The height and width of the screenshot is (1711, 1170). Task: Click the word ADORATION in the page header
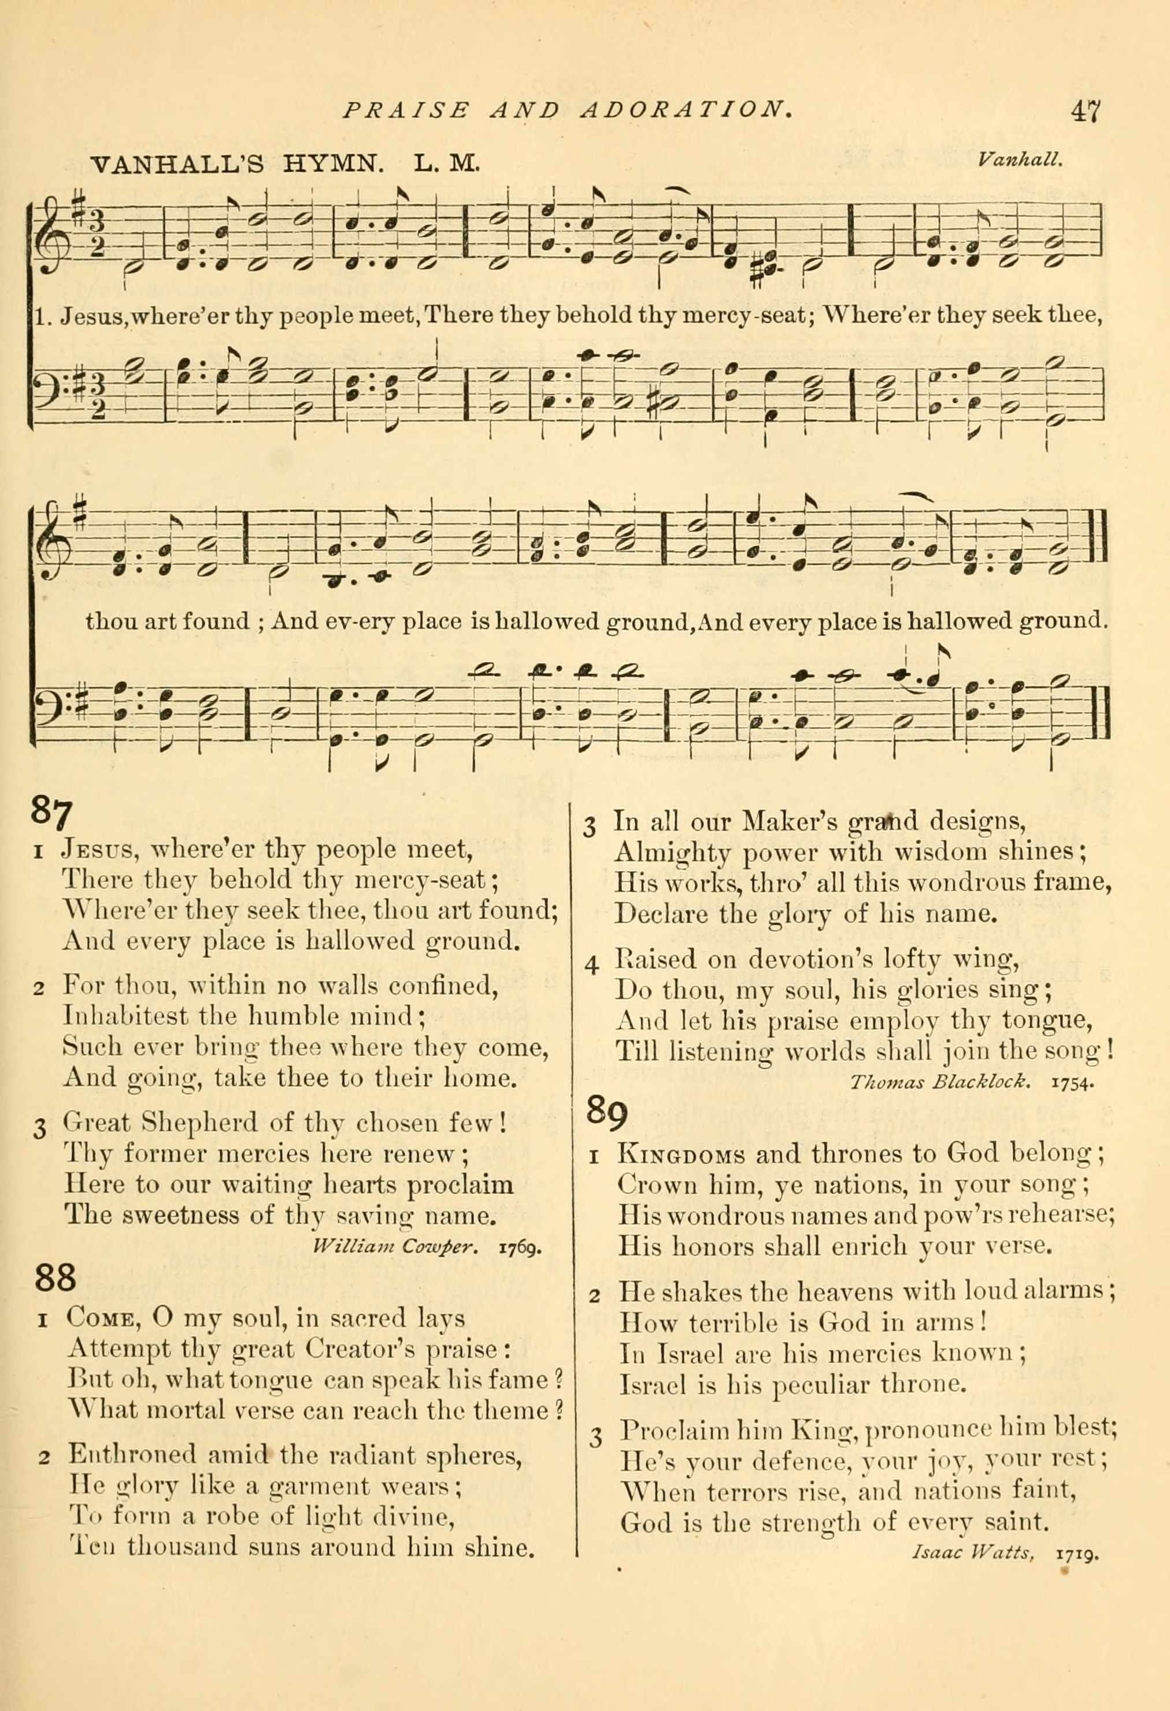686,110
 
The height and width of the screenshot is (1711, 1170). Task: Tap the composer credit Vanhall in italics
1020,159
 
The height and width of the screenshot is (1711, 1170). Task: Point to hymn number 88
54,1277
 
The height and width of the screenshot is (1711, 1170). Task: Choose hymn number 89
608,1113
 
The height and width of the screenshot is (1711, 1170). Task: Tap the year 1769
521,1248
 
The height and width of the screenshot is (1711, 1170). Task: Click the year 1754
1075,1082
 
